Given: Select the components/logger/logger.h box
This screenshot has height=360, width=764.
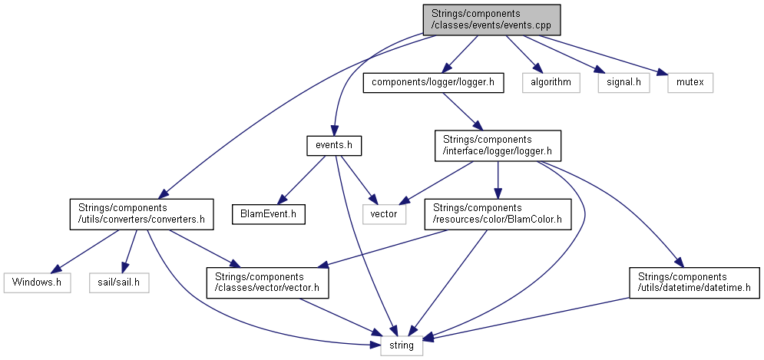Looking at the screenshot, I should (x=433, y=82).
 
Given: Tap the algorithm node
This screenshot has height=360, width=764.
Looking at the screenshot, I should (x=551, y=82).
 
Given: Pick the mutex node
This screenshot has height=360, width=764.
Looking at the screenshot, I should (x=690, y=82).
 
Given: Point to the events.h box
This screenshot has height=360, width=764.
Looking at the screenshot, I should (x=333, y=144).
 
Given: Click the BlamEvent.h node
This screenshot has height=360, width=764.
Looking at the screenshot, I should (x=268, y=213).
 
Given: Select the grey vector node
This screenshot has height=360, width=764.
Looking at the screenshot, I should (x=384, y=213).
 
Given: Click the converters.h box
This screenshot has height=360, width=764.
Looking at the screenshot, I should (x=138, y=213).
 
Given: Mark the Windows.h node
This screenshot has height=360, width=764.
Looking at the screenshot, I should (x=36, y=282).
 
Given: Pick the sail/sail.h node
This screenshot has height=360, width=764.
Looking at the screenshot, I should (x=118, y=282).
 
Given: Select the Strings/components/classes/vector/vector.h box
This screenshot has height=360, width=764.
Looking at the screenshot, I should (x=266, y=282).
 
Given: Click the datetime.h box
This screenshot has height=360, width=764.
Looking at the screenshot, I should (x=694, y=282).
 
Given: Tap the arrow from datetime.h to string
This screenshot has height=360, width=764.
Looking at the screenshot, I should (x=537, y=319).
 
